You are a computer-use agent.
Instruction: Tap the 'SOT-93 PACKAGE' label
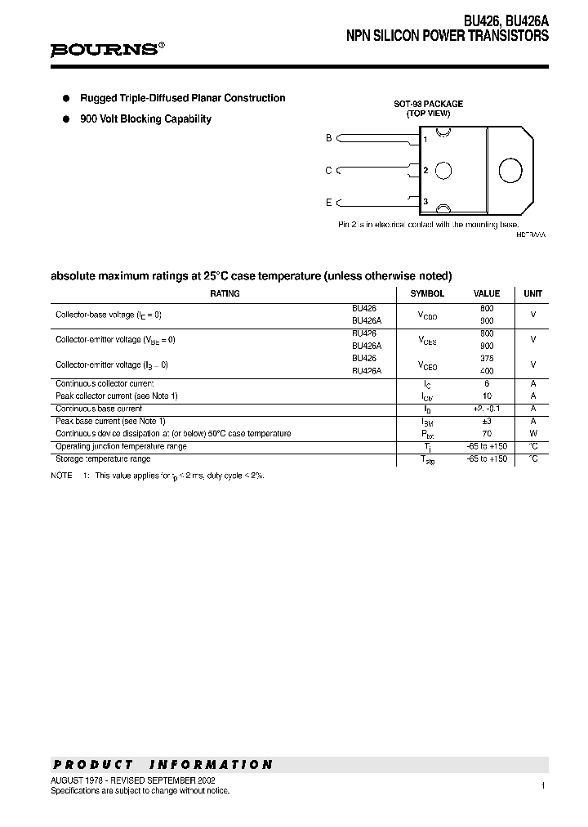tap(429, 104)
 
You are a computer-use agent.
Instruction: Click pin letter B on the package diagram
tap(328, 138)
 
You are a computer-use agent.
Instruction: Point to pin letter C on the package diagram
tap(328, 170)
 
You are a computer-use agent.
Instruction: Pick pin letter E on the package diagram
tap(328, 202)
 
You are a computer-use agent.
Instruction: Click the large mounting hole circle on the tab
tap(510, 170)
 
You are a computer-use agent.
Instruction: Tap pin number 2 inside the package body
tap(425, 170)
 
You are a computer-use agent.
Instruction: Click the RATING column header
tap(225, 293)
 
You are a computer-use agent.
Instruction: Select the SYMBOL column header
tap(427, 293)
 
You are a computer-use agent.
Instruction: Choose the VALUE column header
tap(487, 293)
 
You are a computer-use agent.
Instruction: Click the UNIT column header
tap(532, 293)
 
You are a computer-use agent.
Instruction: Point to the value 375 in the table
tap(487, 358)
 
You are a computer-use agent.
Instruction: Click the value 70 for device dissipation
tap(487, 433)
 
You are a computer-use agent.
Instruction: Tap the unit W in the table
tap(532, 433)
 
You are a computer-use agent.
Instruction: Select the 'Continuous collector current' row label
tap(105, 383)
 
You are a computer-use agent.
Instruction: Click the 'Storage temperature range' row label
tap(103, 459)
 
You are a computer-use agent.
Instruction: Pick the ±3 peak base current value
tap(487, 421)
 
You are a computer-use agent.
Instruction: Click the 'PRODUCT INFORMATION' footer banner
tap(163, 765)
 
